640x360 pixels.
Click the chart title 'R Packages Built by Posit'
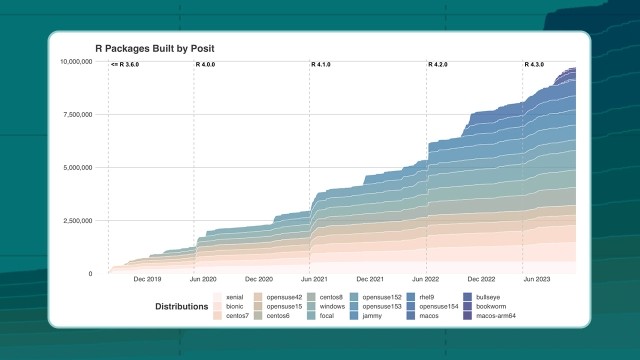tap(154, 48)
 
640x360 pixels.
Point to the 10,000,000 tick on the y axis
tap(75, 61)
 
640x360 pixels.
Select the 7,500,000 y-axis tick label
tap(77, 114)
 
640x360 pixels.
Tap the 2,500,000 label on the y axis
tap(77, 220)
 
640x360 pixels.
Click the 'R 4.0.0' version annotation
tap(206, 65)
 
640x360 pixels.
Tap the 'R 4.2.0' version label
tap(439, 65)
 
